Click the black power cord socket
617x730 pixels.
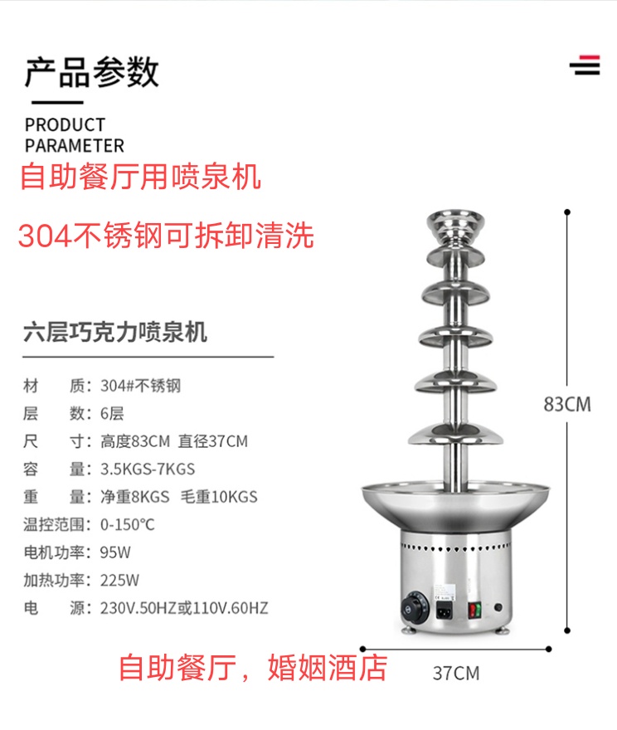444,613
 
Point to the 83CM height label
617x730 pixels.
567,404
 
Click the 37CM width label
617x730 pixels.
455,673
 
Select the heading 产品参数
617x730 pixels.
91,72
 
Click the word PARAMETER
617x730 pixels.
74,146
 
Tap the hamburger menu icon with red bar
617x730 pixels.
585,65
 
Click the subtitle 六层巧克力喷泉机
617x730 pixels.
115,333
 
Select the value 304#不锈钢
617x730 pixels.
140,385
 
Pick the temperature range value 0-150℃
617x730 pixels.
127,524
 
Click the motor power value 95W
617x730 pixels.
115,552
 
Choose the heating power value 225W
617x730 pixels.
119,580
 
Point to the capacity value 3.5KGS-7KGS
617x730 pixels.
148,469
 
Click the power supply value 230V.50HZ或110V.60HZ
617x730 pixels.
184,608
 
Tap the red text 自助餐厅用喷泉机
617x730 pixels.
140,177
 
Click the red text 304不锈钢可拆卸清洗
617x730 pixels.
166,236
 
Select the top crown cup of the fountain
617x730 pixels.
456,224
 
